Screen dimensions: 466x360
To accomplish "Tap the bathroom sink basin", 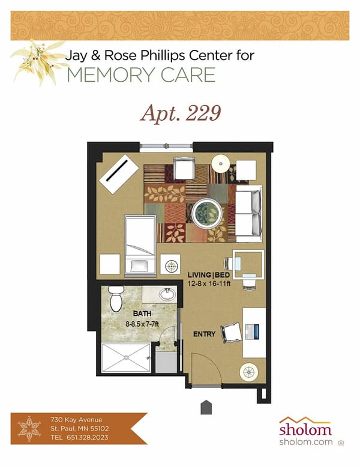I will (167, 295).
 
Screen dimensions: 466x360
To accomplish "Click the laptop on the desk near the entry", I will (251, 330).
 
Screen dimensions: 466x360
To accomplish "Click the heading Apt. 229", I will (179, 113).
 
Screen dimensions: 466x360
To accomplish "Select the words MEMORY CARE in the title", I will (142, 74).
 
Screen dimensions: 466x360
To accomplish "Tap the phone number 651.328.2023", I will (90, 438).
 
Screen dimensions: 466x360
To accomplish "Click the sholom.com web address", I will (306, 441).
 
